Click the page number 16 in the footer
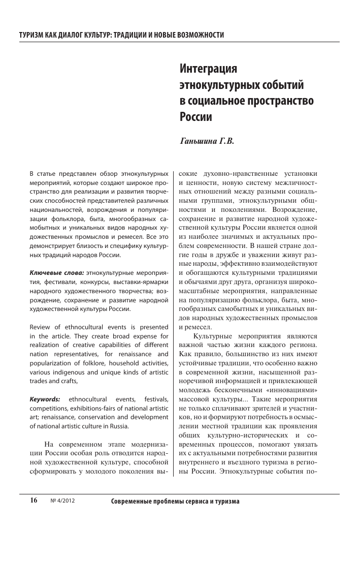tap(34, 500)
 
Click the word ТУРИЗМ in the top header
tap(31, 35)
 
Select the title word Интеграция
tap(209, 68)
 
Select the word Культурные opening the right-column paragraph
tap(212, 336)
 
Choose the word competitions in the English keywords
tap(49, 409)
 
